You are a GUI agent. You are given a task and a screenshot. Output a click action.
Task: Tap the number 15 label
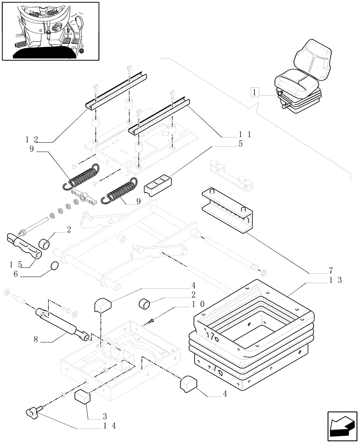(x=15, y=264)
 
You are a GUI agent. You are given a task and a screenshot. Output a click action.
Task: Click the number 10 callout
(x=198, y=305)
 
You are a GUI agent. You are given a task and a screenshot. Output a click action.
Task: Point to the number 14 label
(x=109, y=426)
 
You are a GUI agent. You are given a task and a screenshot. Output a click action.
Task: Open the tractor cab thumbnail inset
(x=50, y=31)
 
